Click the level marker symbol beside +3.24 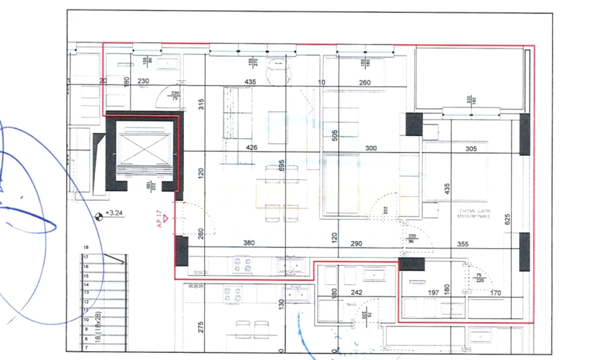(x=99, y=216)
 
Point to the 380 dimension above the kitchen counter (x=248, y=243)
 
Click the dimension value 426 (x=251, y=147)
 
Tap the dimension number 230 (x=143, y=81)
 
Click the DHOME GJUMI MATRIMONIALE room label (x=474, y=214)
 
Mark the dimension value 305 (x=471, y=148)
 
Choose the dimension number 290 (x=356, y=243)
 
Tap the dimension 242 (x=356, y=292)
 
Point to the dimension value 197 (x=433, y=292)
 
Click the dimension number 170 (x=495, y=292)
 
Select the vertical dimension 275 (x=200, y=328)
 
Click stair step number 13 (x=86, y=292)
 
